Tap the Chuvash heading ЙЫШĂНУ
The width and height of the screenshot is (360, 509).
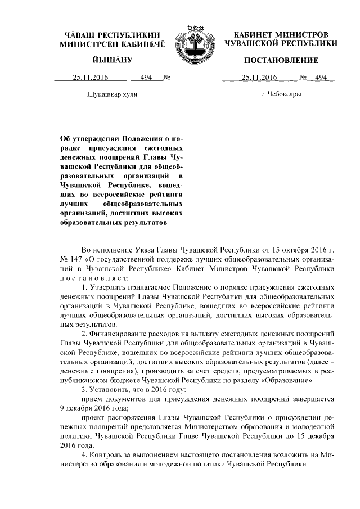tap(112, 60)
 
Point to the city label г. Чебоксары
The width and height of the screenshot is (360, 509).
tap(281, 94)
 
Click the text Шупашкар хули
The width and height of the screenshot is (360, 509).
tap(112, 94)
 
